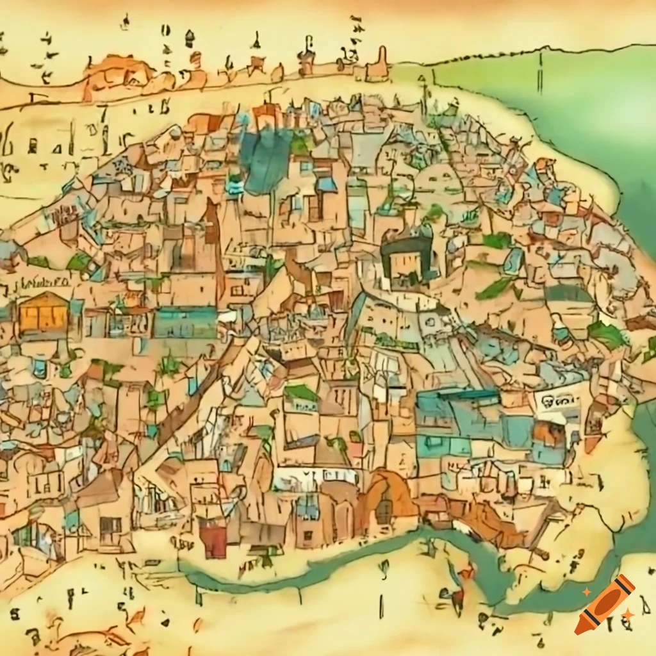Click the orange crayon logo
[605, 604]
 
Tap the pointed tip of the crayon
[580, 629]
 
